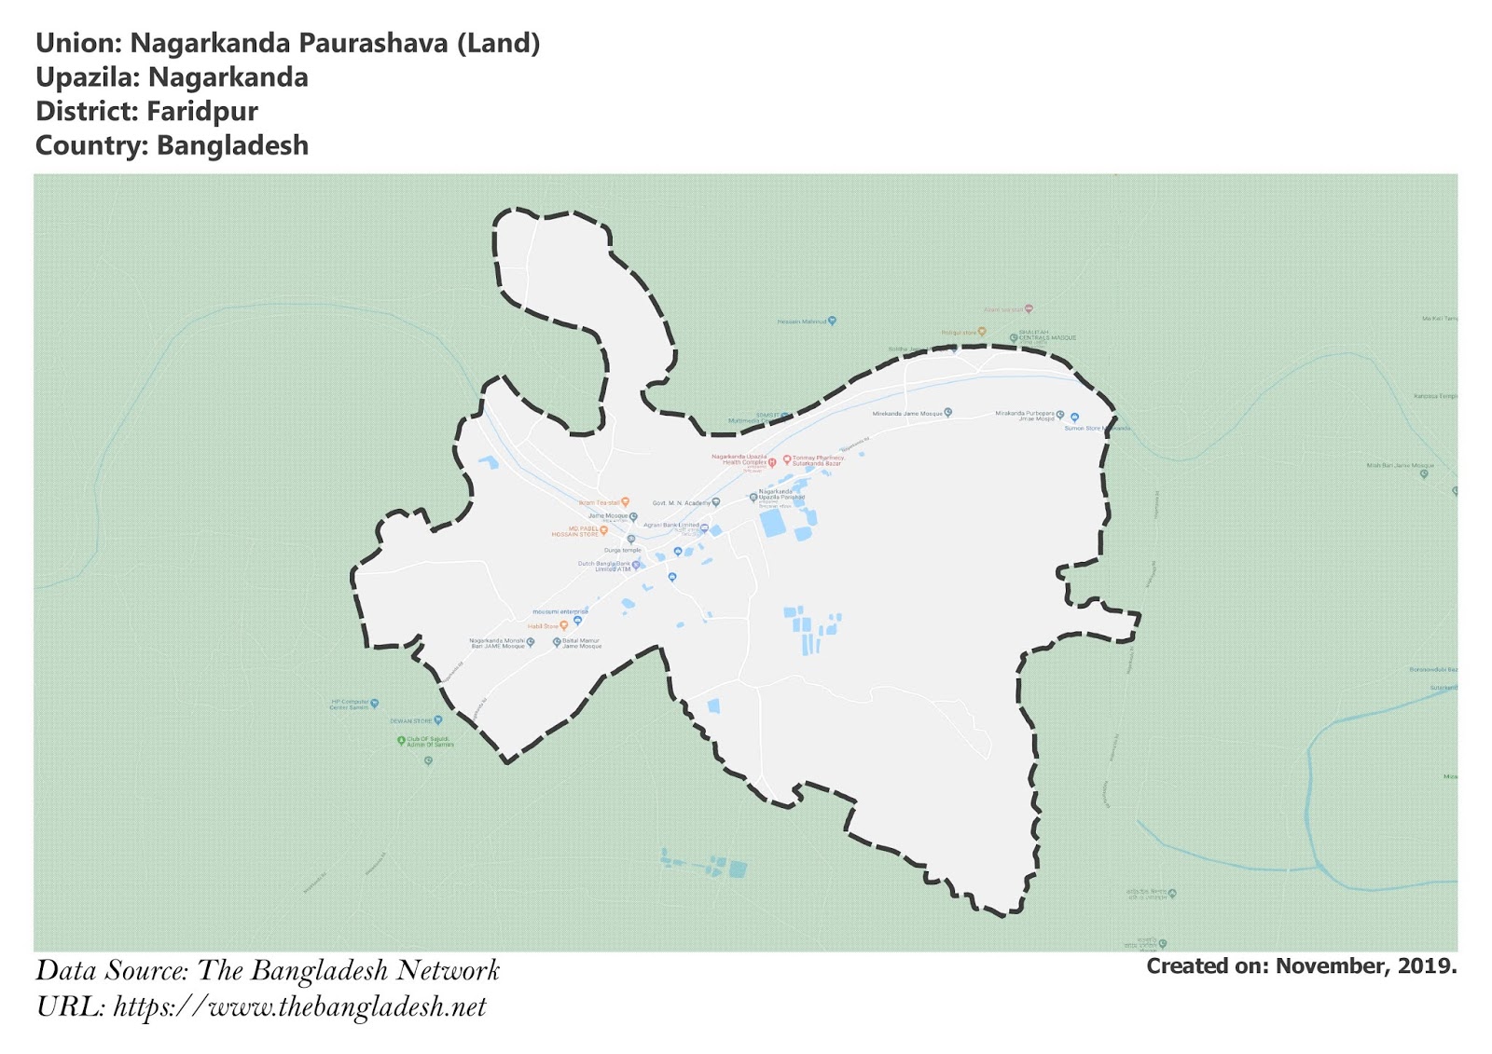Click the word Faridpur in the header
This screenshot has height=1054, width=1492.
pos(202,112)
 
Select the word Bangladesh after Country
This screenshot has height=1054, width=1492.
pos(232,146)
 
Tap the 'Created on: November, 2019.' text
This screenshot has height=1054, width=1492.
pos(1301,966)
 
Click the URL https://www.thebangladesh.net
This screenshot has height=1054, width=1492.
pos(299,1007)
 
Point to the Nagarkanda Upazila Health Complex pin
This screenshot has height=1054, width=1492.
pos(772,462)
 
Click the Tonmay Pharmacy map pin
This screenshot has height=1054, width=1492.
pos(787,459)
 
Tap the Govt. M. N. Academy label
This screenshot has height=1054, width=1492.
pos(681,503)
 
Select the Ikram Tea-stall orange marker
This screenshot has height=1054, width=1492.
pos(626,502)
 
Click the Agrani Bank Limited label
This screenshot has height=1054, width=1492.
pos(670,526)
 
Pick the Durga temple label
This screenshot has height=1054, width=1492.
pos(622,551)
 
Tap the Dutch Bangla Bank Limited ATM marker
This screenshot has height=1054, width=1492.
pos(636,565)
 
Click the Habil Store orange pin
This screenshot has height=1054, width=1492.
pos(563,626)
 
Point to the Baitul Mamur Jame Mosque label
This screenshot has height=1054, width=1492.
pos(582,643)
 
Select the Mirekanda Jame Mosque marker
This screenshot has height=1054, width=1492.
pos(948,412)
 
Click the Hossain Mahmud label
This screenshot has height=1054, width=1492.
pos(802,322)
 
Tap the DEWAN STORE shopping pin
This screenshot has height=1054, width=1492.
pos(438,720)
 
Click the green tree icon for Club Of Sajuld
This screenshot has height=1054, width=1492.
pos(402,741)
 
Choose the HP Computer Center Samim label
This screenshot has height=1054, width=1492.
pos(350,705)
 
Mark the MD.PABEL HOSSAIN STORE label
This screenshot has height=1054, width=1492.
pos(574,531)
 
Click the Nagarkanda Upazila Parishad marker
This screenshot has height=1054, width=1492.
pos(753,498)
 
